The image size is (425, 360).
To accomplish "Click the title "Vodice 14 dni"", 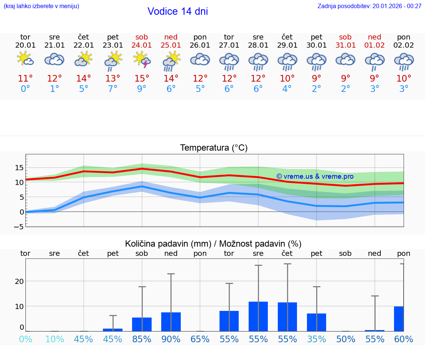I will [x=177, y=11].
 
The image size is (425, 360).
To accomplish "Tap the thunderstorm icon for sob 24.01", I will [x=142, y=60].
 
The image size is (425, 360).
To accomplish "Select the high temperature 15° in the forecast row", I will [x=142, y=79].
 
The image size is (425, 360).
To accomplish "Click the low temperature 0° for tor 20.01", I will [x=25, y=89].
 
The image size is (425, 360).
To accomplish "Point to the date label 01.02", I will [x=374, y=45].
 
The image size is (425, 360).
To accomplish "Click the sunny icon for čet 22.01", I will [x=84, y=59].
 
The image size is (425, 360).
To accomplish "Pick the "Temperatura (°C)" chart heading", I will [x=214, y=148].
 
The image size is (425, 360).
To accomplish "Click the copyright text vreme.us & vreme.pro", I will [x=315, y=176].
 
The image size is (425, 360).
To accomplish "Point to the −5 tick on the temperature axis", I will [x=19, y=227].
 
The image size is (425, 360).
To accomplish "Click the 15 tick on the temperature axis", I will [x=19, y=168].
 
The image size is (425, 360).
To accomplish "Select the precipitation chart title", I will [x=213, y=244].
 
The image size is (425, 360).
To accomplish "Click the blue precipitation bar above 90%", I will [x=171, y=322].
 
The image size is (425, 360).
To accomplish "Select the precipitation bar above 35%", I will [x=317, y=322].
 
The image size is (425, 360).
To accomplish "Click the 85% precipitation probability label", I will [x=142, y=339].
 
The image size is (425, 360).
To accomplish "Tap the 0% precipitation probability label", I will [x=25, y=339].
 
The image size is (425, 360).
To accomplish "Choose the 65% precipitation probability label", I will [x=200, y=339].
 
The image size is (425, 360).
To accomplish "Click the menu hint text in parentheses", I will [x=41, y=6].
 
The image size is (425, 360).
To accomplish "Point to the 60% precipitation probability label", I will [x=404, y=339].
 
